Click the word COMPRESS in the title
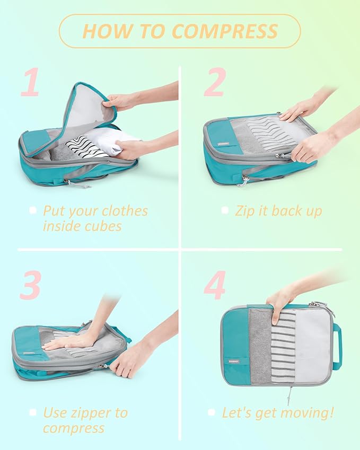(225, 31)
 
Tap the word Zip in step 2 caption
(245, 211)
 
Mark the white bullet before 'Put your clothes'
(33, 210)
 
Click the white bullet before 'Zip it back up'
(225, 210)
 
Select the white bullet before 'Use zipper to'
(33, 412)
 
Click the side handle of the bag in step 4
(337, 347)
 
